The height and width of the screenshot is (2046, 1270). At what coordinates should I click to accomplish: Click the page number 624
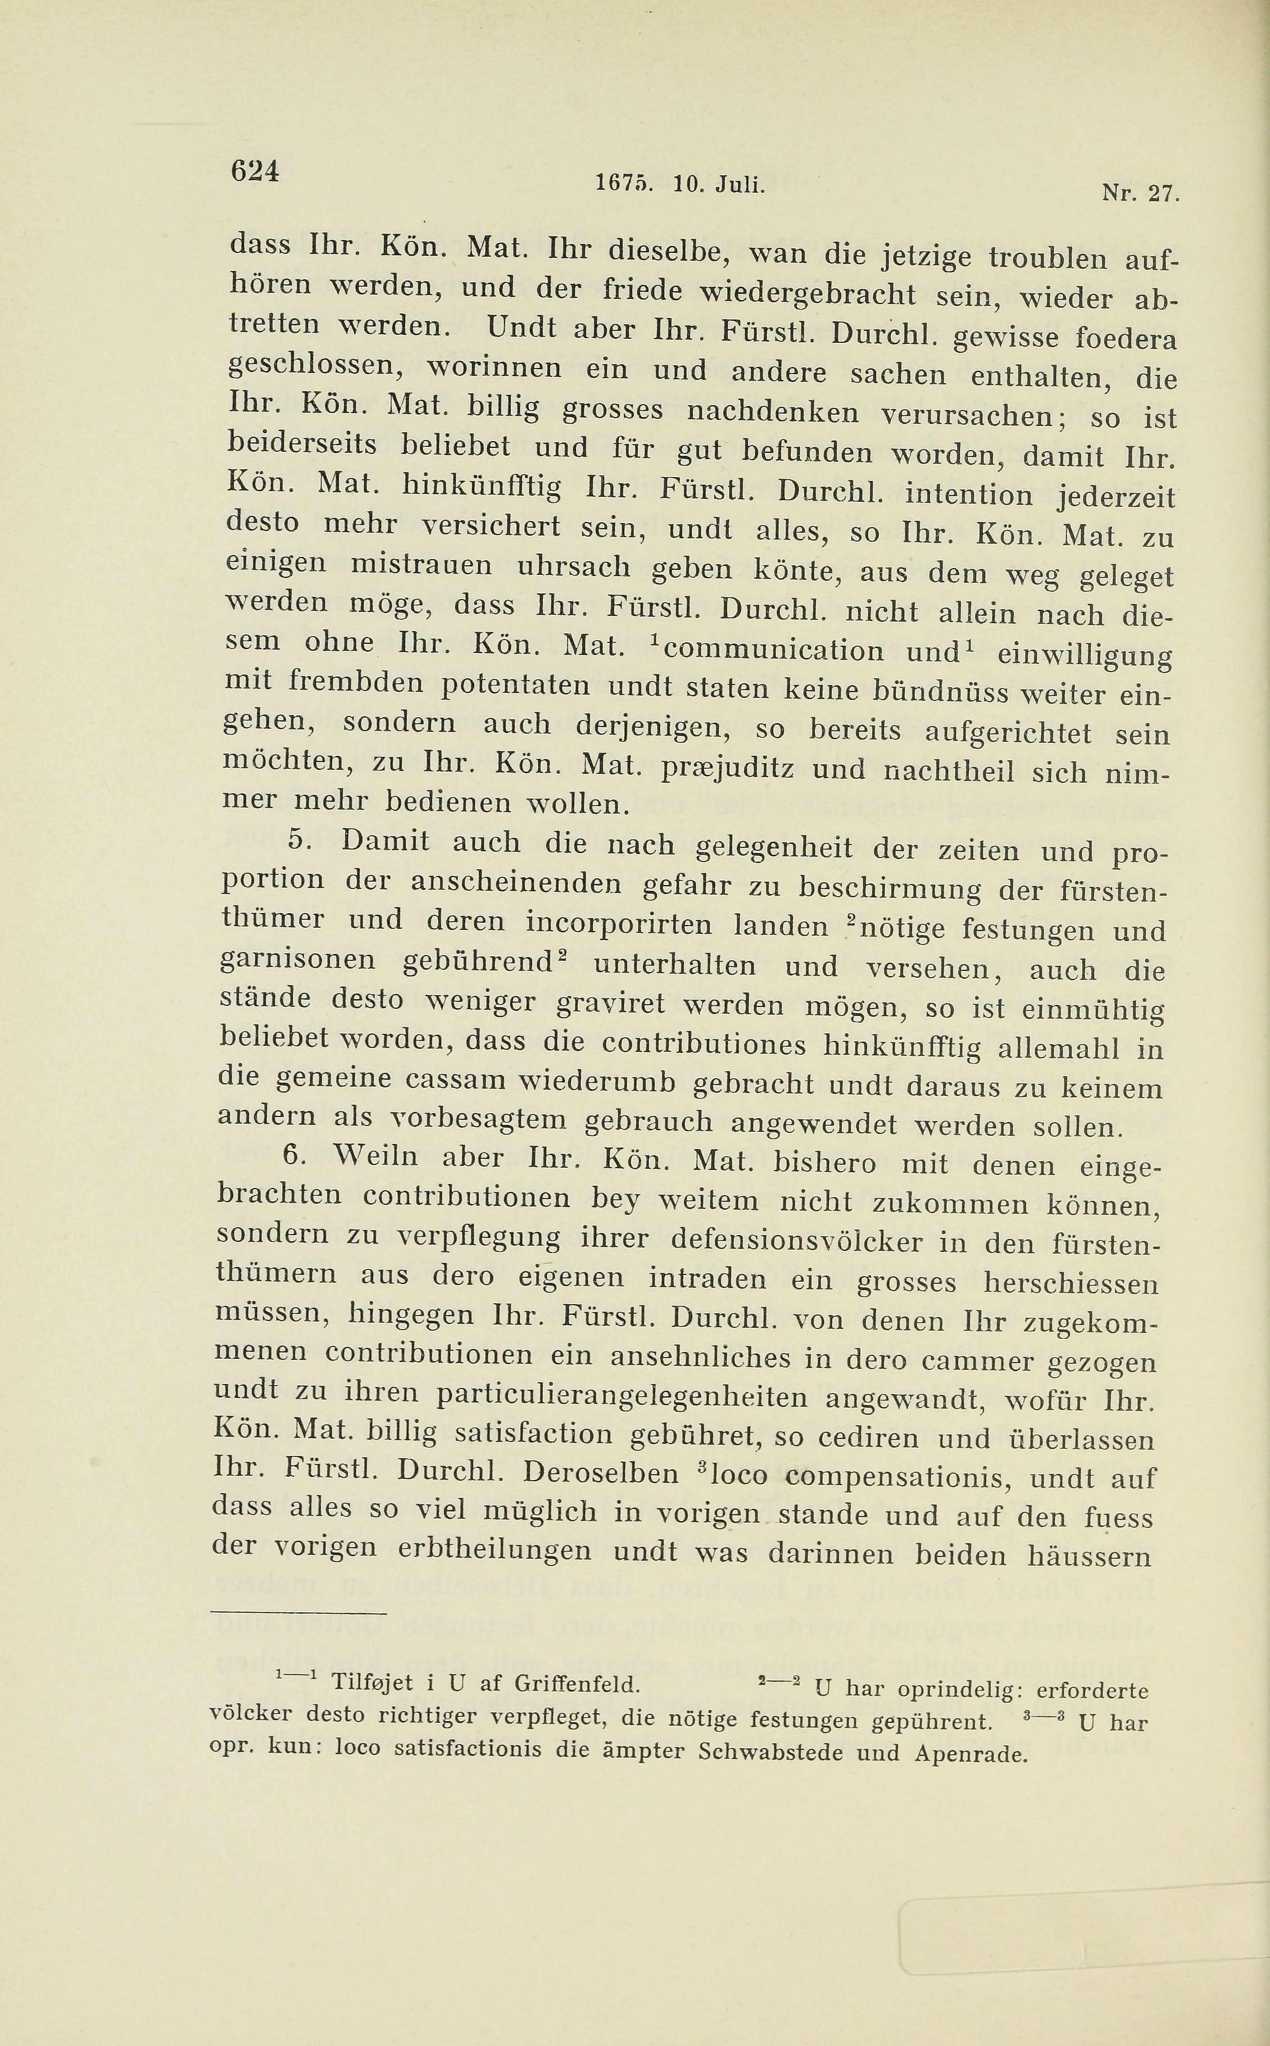tap(255, 170)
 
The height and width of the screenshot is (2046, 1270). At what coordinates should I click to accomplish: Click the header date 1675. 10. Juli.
tap(681, 184)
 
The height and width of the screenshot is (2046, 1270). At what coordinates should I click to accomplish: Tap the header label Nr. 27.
tap(1140, 194)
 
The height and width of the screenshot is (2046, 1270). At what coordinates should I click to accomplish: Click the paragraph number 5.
tap(299, 839)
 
